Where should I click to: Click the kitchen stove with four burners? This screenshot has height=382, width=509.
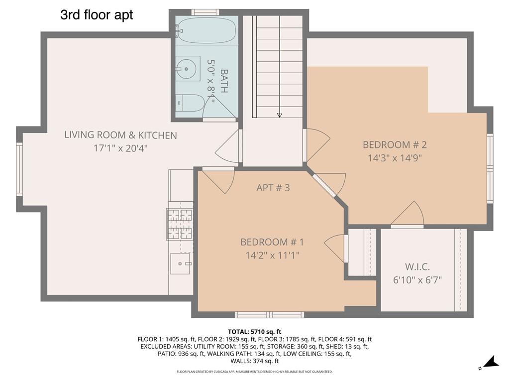(180, 224)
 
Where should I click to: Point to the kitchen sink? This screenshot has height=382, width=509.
(180, 263)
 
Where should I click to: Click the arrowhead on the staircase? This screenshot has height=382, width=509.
(279, 115)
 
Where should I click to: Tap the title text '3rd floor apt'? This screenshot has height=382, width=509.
(97, 15)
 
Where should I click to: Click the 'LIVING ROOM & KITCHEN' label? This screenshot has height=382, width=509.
(120, 135)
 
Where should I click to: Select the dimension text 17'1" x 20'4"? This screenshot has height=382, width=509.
(120, 148)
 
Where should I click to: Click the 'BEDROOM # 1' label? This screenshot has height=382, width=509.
(272, 242)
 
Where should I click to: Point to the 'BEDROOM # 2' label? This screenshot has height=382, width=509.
(395, 145)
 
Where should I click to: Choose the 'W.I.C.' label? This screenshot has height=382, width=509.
(417, 266)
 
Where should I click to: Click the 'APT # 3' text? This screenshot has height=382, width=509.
(273, 188)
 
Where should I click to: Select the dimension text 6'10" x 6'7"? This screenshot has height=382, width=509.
(417, 279)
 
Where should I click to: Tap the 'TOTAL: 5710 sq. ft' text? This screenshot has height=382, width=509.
(254, 331)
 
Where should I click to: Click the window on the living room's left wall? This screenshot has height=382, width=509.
(19, 169)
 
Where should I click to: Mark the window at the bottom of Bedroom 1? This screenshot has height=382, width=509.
(269, 315)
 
